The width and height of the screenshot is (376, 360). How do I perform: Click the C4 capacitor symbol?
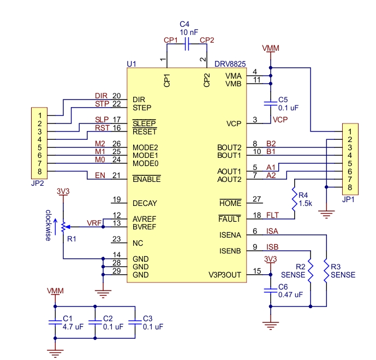(x=187, y=44)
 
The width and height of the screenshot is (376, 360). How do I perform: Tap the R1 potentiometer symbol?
(x=64, y=227)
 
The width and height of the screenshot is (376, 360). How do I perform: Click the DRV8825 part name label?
(x=230, y=64)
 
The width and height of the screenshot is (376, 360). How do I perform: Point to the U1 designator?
(x=132, y=64)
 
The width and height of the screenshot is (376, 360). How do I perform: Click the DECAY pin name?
(x=145, y=203)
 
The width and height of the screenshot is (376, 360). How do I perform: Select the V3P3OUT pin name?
(x=225, y=275)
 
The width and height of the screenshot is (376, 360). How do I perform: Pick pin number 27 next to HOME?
(x=257, y=199)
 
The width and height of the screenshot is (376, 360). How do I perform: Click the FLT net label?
(x=272, y=215)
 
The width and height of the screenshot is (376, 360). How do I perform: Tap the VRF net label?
(x=94, y=223)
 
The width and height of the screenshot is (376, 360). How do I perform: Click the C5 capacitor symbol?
(x=271, y=103)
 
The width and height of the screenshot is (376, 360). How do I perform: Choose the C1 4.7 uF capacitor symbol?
(x=55, y=322)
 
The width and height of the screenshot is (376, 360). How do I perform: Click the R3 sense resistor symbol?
(x=326, y=270)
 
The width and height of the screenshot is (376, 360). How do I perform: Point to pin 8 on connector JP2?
(x=40, y=172)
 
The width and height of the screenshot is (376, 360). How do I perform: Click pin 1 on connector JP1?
(x=350, y=132)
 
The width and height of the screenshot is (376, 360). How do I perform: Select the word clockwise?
(x=48, y=225)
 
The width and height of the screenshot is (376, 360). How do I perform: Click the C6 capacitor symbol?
(x=271, y=291)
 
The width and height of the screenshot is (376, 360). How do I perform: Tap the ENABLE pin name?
(x=146, y=179)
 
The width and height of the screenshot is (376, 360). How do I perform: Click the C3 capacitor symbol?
(x=135, y=322)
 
